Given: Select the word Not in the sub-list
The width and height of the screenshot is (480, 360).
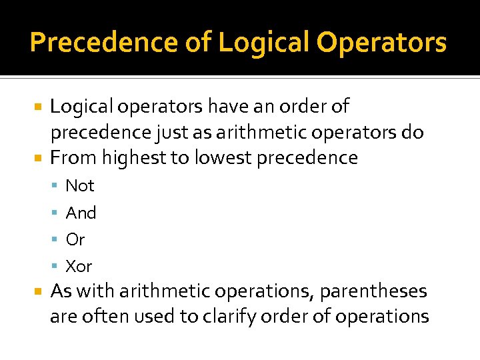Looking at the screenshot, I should [80, 185].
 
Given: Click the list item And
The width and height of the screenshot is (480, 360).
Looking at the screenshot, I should [81, 213].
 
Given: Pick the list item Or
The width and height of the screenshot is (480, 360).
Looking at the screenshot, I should [75, 239].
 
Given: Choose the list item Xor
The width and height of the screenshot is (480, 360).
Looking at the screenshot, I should [79, 266].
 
